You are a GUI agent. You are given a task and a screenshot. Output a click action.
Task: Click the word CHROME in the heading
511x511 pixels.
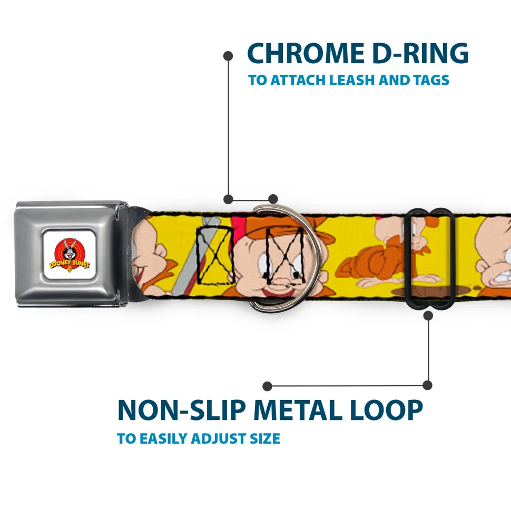pos(306,53)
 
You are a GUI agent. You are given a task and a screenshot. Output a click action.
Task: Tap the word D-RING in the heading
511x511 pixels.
pos(420,53)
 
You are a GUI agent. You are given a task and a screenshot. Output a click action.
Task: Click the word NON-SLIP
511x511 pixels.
pos(181,410)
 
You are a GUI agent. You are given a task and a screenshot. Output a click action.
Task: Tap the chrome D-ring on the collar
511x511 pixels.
pos(284,257)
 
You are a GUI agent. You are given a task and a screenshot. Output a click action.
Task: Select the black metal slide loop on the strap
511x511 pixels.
pos(428,258)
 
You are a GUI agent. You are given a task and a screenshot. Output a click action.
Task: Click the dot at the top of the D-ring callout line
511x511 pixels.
pos(228,56)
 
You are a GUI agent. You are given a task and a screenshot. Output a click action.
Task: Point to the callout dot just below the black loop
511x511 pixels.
pos(428,315)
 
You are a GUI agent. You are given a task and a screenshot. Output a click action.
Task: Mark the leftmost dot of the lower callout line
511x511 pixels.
pos(267,386)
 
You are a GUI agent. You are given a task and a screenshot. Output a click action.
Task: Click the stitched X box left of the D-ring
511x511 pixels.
pos(215,255)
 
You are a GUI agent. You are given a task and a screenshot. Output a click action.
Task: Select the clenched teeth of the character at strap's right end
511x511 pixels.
pos(504,276)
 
